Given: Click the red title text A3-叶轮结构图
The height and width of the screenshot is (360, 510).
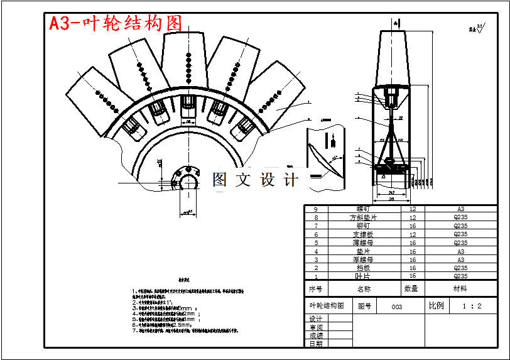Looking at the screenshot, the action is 116,23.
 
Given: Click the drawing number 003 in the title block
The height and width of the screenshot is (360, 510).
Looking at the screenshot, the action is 397,307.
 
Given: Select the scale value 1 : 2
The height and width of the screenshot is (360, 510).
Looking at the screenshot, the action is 472,307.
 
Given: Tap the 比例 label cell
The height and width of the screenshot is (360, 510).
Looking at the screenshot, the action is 436,307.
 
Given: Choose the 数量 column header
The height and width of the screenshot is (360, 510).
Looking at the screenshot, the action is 411,288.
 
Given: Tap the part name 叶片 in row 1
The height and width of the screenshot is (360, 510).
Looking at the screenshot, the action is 363,276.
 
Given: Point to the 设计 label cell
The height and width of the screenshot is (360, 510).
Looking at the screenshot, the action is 316,319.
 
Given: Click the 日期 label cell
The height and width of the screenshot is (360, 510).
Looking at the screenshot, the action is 316,344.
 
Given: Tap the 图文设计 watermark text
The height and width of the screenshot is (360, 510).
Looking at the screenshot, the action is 255,180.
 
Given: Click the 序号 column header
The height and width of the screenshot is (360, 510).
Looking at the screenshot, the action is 316,288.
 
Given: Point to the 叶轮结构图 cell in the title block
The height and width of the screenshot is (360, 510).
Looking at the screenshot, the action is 327,306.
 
